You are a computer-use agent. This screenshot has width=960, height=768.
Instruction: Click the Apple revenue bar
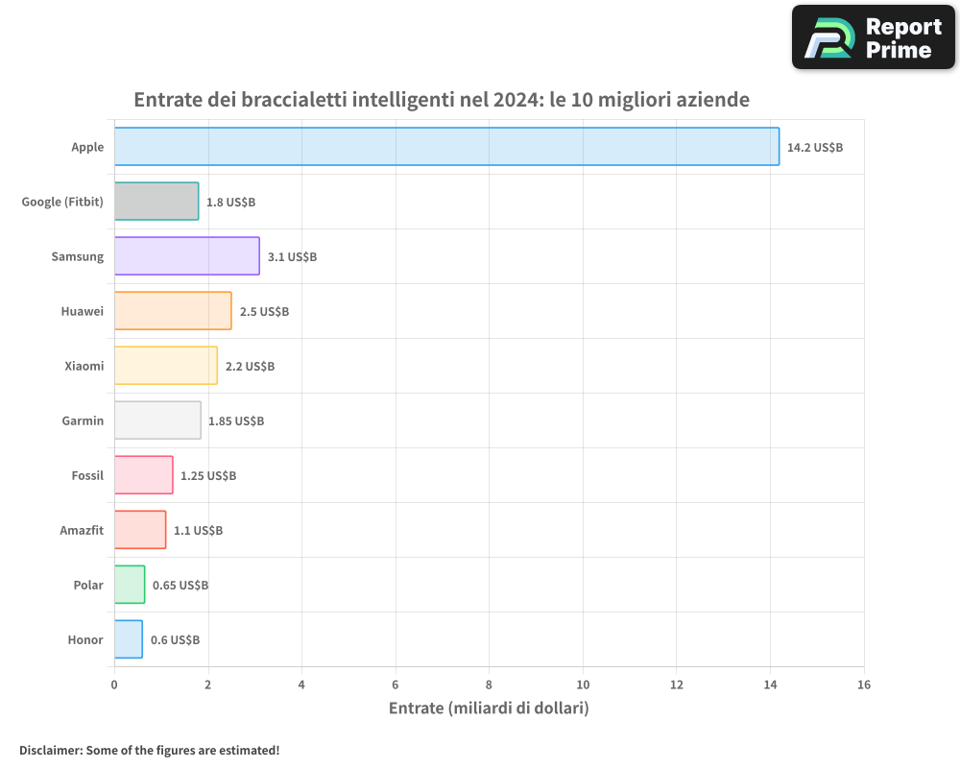point(446,147)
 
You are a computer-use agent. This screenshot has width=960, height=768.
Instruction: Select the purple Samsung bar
point(187,256)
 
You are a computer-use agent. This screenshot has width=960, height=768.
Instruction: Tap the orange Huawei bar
point(173,311)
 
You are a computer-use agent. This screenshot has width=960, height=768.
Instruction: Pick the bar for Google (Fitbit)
point(156,202)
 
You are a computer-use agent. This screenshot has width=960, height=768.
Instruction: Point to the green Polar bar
point(130,585)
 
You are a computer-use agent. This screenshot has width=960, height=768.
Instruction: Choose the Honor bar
point(129,639)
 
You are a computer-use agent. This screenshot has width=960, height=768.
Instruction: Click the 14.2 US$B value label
point(815,148)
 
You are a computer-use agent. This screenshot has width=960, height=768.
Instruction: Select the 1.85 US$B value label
point(236,421)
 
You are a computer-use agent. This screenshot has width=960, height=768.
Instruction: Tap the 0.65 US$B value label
point(180,586)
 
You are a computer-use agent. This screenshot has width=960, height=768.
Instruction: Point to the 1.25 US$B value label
point(208,476)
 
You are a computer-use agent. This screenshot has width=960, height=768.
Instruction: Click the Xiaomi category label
point(84,366)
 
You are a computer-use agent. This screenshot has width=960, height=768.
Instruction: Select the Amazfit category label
point(82,530)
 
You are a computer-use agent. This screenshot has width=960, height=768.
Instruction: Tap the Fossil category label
point(87,475)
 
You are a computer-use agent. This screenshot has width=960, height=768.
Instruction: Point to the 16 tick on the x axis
point(864,684)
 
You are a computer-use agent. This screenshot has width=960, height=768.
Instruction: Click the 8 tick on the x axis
point(489,684)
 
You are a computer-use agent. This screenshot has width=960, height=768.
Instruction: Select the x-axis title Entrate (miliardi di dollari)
point(489,708)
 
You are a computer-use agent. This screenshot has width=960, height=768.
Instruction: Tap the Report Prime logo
point(874,37)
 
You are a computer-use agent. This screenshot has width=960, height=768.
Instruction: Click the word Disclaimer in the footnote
point(49,750)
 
